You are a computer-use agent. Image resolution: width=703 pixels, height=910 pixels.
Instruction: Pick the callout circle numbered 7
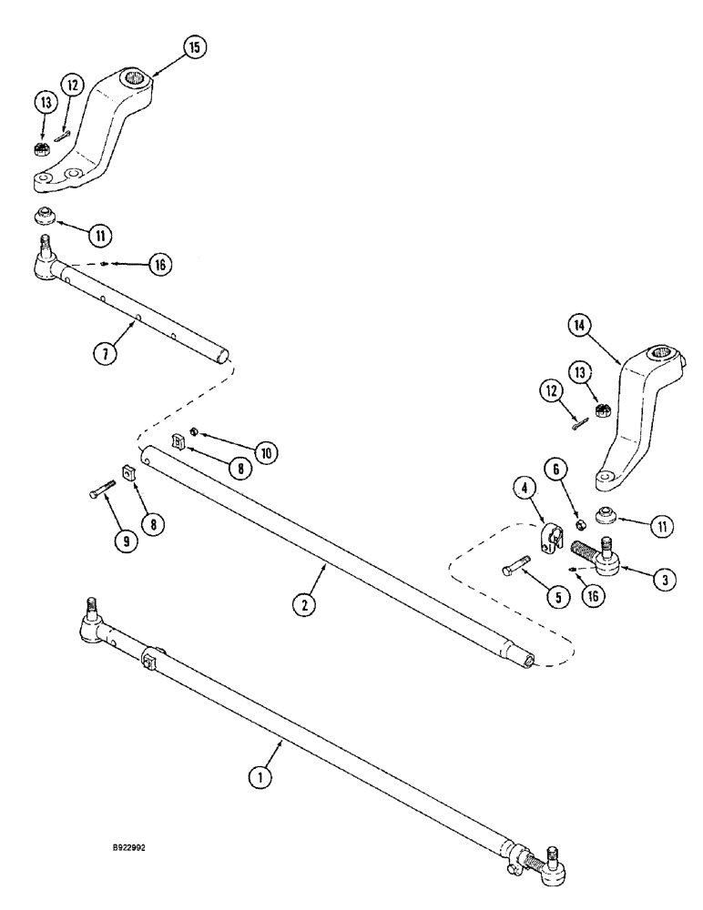tap(108, 352)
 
